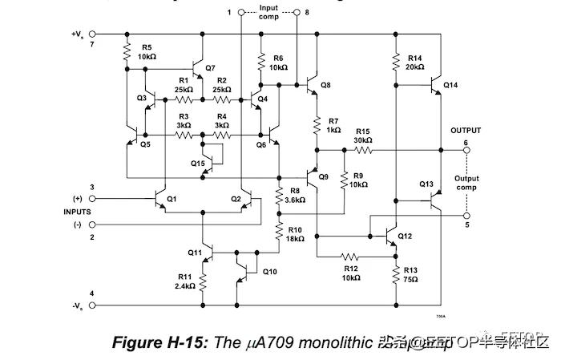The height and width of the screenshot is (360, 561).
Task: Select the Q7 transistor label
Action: point(210,67)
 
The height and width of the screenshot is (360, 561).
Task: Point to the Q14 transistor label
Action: point(450,85)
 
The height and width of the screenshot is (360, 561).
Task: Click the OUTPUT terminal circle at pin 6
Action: point(467,149)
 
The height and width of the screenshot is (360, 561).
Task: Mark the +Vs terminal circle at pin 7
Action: point(91,34)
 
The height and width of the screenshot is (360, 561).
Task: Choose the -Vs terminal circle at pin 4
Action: point(91,305)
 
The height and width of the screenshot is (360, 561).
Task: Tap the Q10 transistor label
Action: point(270,271)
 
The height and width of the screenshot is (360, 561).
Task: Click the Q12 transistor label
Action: point(405,236)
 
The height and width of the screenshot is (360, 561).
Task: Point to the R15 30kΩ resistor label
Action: point(363,136)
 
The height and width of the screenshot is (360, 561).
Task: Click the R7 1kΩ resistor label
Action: point(333,124)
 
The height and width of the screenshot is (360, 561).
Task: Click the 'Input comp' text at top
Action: point(268,13)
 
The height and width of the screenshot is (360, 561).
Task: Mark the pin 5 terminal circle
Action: point(467,214)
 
